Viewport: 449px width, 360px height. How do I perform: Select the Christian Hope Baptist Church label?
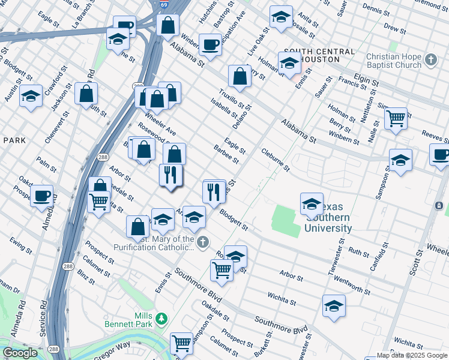(393, 61)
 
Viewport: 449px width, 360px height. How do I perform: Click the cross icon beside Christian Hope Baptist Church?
(430, 60)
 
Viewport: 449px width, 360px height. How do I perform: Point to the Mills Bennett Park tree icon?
(160, 317)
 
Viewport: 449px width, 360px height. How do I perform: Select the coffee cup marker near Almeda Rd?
(42, 196)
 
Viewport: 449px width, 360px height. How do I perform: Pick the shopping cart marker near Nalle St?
(396, 118)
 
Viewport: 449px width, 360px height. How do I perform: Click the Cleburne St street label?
(276, 160)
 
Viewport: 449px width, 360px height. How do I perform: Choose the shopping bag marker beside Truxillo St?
(240, 76)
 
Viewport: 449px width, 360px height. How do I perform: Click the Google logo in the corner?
(20, 353)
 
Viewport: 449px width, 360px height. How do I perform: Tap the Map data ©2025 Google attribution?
(411, 355)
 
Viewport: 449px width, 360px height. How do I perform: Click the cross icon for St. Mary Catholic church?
(203, 242)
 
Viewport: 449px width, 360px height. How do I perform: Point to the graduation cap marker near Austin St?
(30, 96)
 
